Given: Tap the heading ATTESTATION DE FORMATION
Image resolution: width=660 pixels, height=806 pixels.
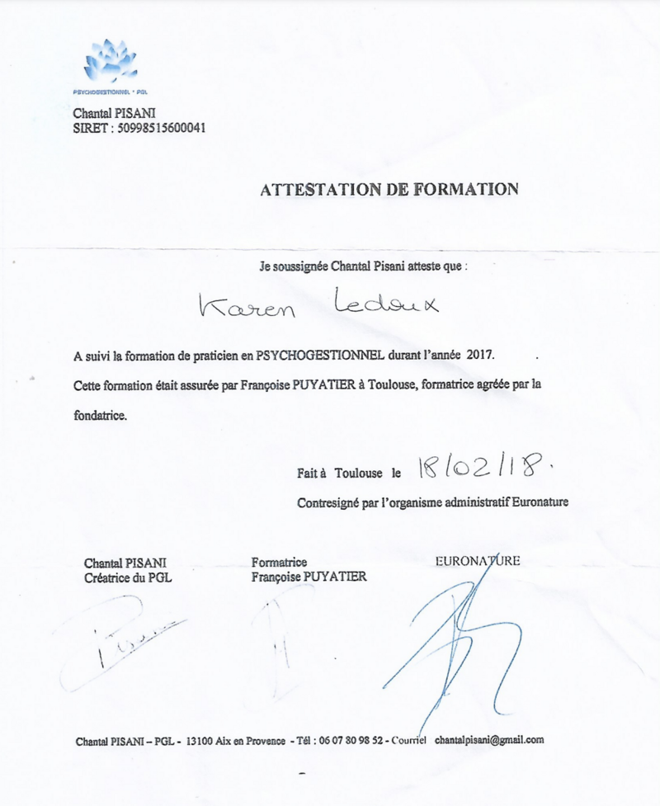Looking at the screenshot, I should [389, 189].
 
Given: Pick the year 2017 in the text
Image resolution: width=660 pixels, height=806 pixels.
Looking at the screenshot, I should [484, 355].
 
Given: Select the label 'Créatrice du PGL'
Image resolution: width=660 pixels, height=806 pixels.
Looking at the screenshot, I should [128, 577].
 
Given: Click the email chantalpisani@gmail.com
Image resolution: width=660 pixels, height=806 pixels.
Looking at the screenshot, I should [489, 740].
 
